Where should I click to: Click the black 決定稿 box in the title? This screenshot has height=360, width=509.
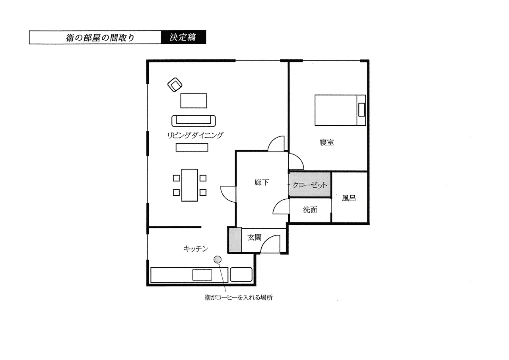[184, 37]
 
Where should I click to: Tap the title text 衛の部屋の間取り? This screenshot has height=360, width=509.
[100, 38]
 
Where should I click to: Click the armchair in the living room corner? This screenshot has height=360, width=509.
[175, 85]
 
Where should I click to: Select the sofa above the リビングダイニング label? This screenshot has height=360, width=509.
[194, 121]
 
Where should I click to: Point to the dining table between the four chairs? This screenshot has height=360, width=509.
[190, 185]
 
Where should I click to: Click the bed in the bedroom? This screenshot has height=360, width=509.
[340, 110]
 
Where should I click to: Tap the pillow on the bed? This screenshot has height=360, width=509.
[361, 110]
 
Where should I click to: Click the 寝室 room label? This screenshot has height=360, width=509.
[327, 142]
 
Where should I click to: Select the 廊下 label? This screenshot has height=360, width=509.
[262, 182]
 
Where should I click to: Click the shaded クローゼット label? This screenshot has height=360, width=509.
[310, 185]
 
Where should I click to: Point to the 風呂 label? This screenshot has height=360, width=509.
[349, 198]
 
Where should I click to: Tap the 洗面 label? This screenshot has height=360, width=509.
[310, 210]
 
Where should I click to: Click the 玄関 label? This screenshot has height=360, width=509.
[254, 237]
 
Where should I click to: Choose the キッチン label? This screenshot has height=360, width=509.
[196, 249]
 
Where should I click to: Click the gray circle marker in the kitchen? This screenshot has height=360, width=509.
[218, 259]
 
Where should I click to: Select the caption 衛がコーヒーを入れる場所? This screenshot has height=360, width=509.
[239, 298]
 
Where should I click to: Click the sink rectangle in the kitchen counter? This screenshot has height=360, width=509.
[202, 275]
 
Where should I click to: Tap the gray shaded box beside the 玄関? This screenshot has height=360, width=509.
[235, 240]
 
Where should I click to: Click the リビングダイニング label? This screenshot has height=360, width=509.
[195, 136]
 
